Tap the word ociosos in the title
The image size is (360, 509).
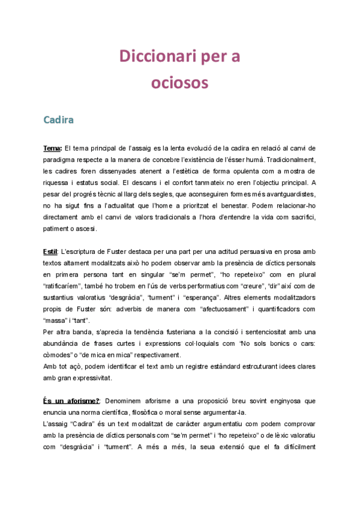pos(179,82)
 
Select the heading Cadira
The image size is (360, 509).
pos(58,119)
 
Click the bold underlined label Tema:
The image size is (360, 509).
pos(53,148)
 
